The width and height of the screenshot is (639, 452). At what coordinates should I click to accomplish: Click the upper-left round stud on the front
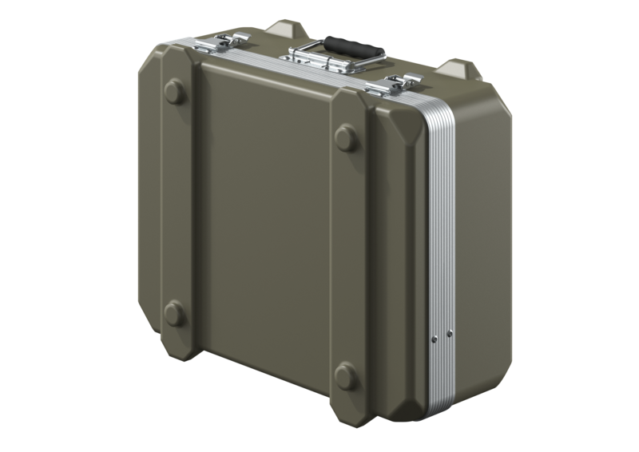(x=174, y=90)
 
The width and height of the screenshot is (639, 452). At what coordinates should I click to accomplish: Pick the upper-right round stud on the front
(x=346, y=139)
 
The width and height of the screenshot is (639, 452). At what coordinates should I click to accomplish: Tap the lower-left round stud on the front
(x=173, y=313)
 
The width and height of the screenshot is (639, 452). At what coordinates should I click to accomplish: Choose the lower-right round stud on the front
(x=346, y=376)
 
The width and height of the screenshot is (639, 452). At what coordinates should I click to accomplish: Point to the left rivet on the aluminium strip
(x=435, y=339)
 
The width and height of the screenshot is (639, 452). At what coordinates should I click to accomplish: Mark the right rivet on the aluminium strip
(x=450, y=332)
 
